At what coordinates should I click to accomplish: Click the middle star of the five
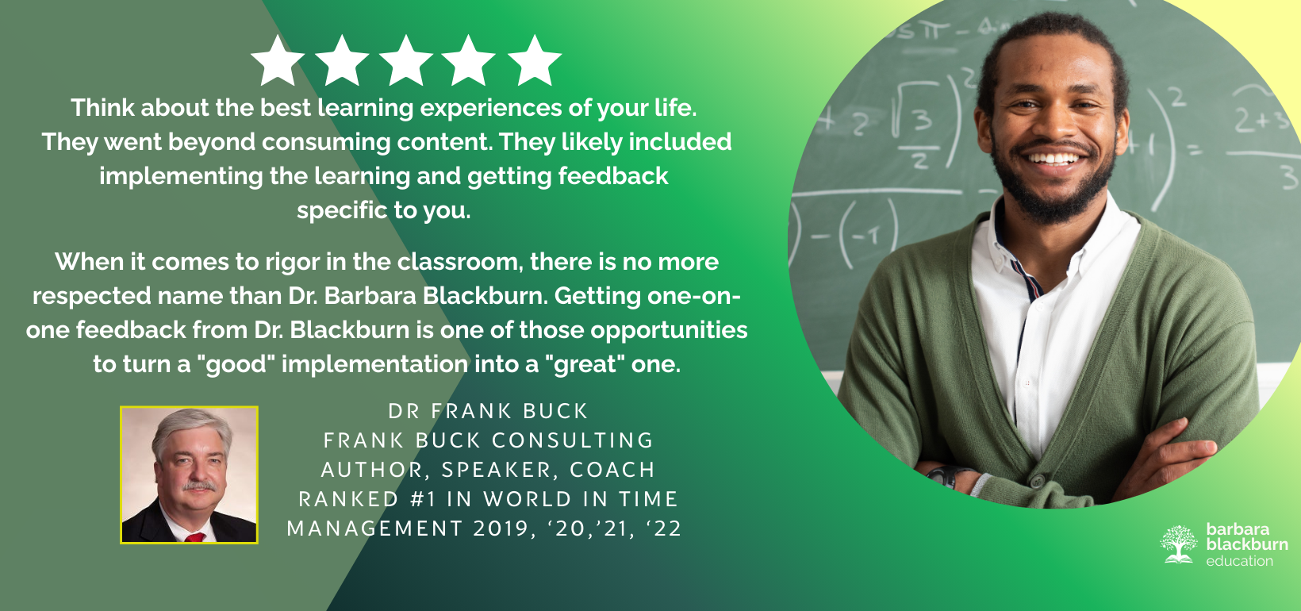coord(405,61)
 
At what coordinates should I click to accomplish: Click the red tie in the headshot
coord(195,536)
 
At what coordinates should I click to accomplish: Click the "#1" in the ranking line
coord(423,499)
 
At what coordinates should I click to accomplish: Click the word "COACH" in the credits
coord(612,470)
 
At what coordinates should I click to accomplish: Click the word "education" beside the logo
coord(1239,561)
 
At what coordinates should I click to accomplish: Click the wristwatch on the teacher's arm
coord(943,476)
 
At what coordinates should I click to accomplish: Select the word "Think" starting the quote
coord(102,108)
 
